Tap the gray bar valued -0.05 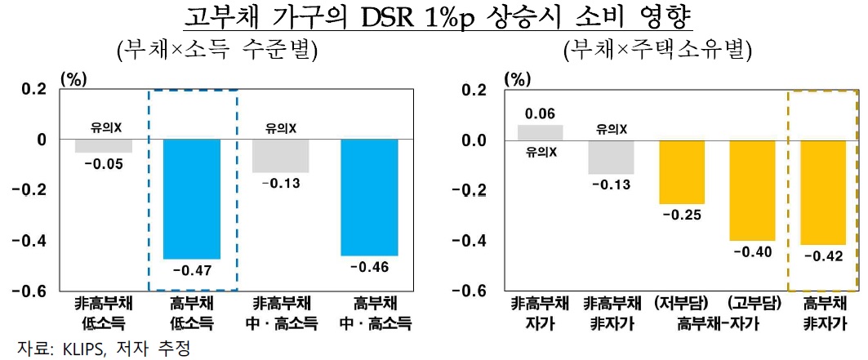[x=104, y=146]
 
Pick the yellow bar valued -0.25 [x=682, y=172]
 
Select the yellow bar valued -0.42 [x=823, y=192]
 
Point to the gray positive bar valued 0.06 [x=541, y=132]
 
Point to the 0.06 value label [x=541, y=114]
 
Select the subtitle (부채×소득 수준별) [x=216, y=51]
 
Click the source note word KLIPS [x=87, y=349]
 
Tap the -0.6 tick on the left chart [x=29, y=291]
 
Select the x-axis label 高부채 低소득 [x=193, y=313]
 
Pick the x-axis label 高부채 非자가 [x=823, y=313]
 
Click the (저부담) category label [x=682, y=304]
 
